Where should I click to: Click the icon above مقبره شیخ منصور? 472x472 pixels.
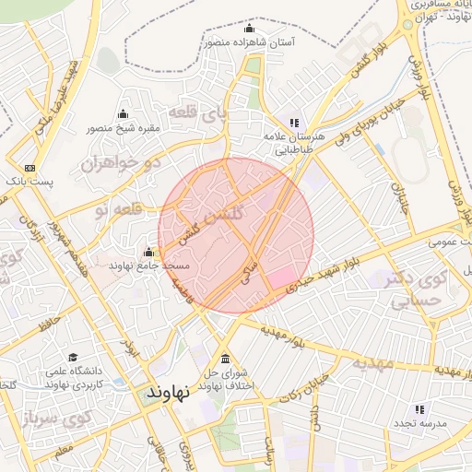pos(123,114)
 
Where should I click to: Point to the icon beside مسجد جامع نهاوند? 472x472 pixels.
pos(148,252)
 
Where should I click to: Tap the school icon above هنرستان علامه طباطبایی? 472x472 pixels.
pos(294,122)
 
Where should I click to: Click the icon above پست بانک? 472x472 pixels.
pos(30,168)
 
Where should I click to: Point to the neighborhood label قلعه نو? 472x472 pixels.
pos(115,210)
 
